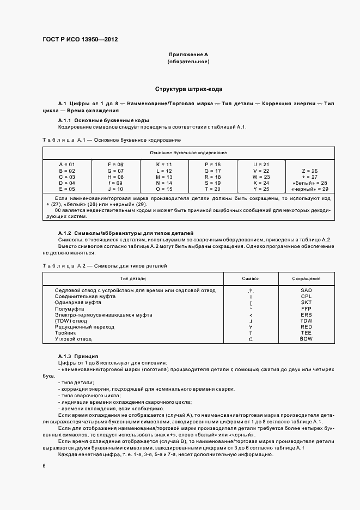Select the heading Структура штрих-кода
click(188, 89)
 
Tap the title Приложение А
click(188, 55)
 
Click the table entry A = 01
click(67, 164)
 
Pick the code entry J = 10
click(116, 189)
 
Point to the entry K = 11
click(164, 164)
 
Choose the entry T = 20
click(212, 189)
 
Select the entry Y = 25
click(261, 189)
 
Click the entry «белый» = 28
click(310, 183)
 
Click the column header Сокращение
click(306, 278)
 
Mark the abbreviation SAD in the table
click(306, 290)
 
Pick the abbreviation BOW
click(306, 339)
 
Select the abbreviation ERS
click(306, 314)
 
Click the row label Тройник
click(65, 333)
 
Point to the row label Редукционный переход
click(85, 327)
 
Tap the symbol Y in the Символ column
click(251, 327)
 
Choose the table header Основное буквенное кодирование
click(188, 153)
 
